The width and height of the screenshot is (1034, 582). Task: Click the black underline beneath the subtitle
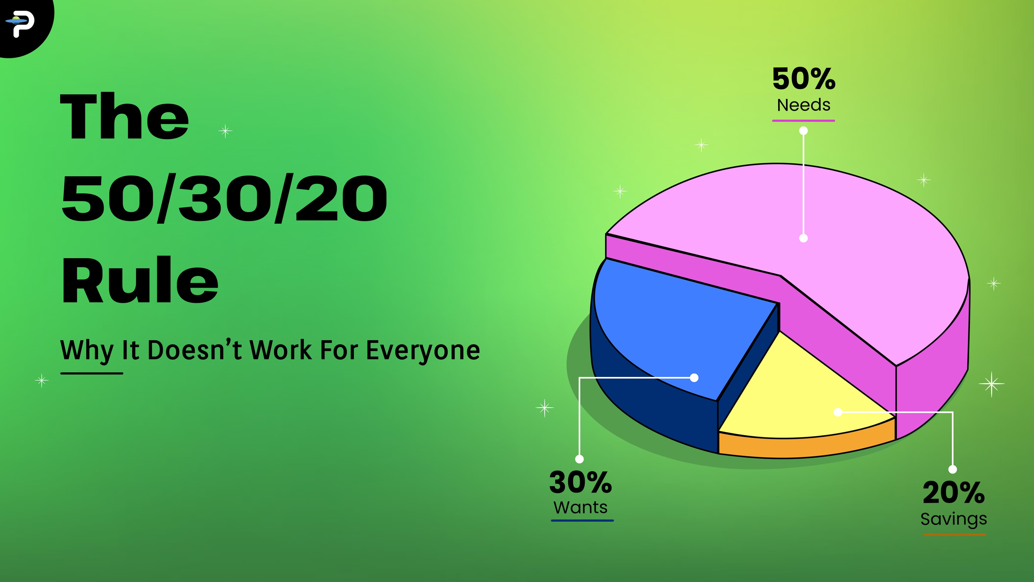coord(92,373)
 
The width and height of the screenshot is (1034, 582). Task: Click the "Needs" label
coord(804,105)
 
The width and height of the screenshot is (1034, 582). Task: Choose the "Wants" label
coord(581,508)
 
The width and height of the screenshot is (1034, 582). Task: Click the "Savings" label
coord(954,519)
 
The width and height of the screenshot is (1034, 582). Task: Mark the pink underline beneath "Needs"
coord(804,120)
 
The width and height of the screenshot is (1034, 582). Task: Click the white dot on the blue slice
coord(694,377)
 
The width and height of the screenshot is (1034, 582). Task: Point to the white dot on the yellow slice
coord(838,412)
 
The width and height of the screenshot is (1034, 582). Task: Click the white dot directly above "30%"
coord(579,459)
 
